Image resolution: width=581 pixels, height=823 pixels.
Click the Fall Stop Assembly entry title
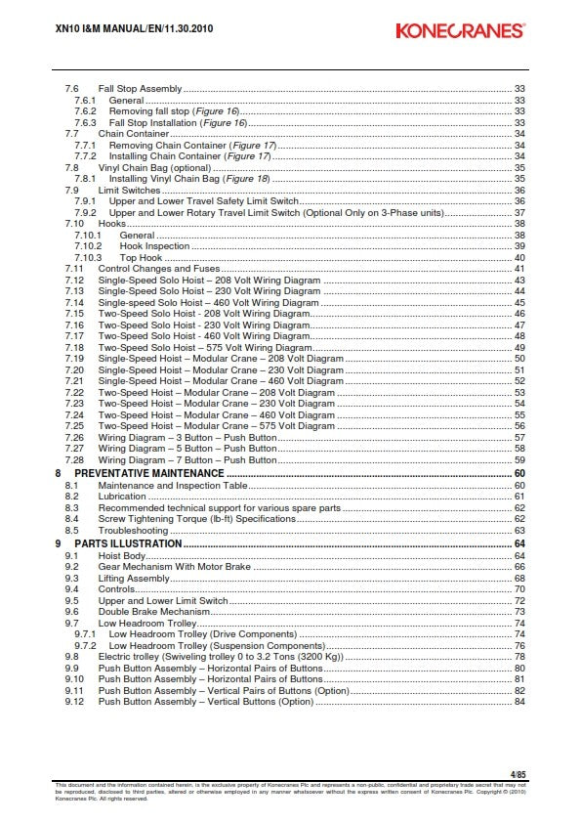click(140, 89)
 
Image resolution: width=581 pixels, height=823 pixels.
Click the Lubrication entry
click(122, 497)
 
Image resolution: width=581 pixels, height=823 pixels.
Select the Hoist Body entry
click(121, 555)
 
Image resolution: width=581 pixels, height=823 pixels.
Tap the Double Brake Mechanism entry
click(146, 612)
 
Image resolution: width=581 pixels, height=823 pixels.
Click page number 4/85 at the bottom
click(518, 773)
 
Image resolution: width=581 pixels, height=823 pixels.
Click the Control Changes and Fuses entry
click(160, 269)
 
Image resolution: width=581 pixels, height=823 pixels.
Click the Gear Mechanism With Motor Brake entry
click(174, 567)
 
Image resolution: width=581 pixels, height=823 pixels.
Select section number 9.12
click(74, 702)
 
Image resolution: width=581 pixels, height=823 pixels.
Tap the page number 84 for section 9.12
click(519, 702)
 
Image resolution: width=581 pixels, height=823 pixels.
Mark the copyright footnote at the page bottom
click(290, 791)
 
